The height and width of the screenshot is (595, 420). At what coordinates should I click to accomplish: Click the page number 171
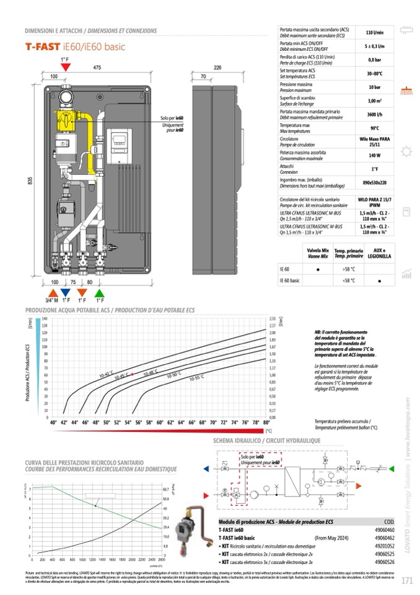406,581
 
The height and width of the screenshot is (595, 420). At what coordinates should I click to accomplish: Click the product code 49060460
385,530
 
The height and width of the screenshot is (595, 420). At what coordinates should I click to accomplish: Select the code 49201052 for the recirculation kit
385,546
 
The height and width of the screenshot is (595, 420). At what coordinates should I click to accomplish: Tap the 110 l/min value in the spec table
374,32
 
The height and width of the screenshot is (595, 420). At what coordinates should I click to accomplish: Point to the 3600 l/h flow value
374,115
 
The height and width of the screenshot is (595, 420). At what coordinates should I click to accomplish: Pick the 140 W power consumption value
374,155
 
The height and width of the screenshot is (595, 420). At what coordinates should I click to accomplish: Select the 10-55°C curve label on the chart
196,378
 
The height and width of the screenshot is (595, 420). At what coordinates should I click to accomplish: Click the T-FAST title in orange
42,46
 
